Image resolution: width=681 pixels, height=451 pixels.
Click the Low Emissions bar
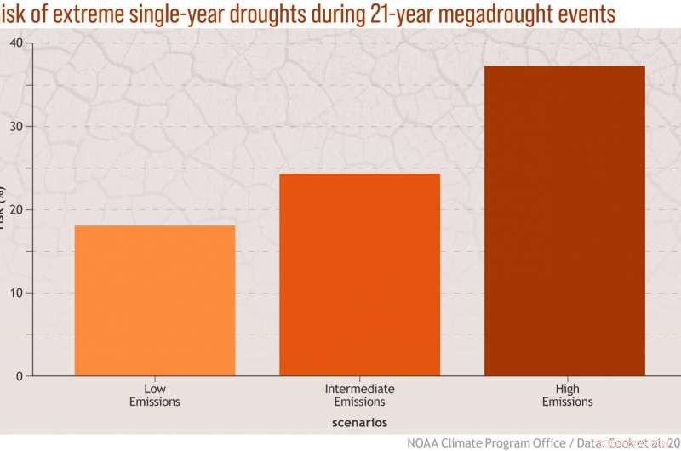point(155,300)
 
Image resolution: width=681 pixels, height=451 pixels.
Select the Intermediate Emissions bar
point(360,274)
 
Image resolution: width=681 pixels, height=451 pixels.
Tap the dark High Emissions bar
point(564,220)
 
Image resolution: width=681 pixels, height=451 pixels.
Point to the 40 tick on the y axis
point(17,43)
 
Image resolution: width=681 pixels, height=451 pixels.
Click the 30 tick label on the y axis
point(17,127)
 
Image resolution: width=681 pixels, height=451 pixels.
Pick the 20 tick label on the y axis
point(17,210)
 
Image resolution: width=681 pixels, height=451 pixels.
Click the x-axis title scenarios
point(360,422)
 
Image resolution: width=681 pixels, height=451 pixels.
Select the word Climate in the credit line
point(470,442)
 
